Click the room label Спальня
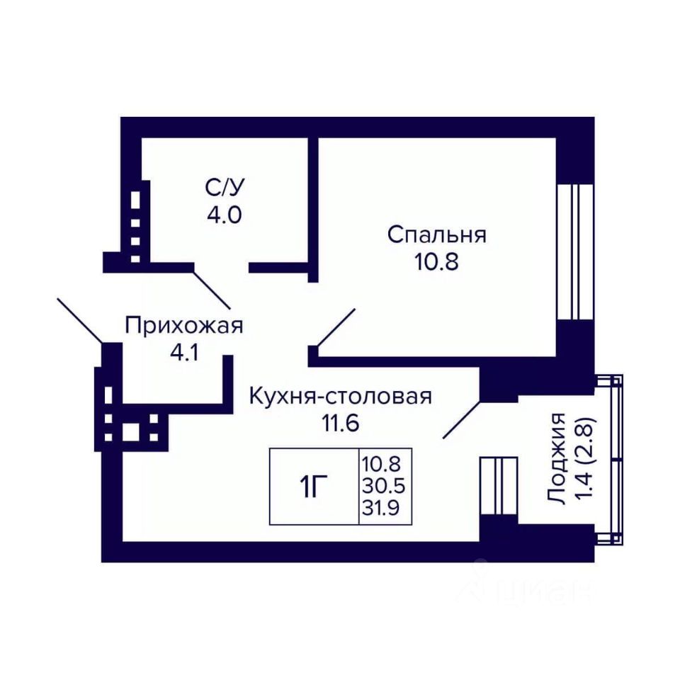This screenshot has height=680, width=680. click(x=437, y=235)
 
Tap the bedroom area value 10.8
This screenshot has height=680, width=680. click(x=437, y=262)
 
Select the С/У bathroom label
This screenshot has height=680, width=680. click(x=225, y=187)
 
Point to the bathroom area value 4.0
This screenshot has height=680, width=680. click(x=224, y=214)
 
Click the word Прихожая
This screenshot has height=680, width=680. click(x=184, y=326)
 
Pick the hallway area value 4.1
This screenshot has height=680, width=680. click(x=184, y=353)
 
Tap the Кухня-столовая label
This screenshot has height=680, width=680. click(x=341, y=397)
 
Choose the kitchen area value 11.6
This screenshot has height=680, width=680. click(x=341, y=424)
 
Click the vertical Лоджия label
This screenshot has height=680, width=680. click(x=557, y=459)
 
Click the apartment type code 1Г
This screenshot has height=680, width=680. click(x=313, y=487)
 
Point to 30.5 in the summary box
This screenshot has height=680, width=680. click(x=384, y=486)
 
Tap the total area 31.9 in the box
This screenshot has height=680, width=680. click(x=381, y=508)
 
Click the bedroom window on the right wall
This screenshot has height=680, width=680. click(x=574, y=252)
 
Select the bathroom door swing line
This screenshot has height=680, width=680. click(x=212, y=290)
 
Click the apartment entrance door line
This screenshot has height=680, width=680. click(x=80, y=320)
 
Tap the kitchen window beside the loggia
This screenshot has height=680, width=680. click(x=499, y=486)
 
